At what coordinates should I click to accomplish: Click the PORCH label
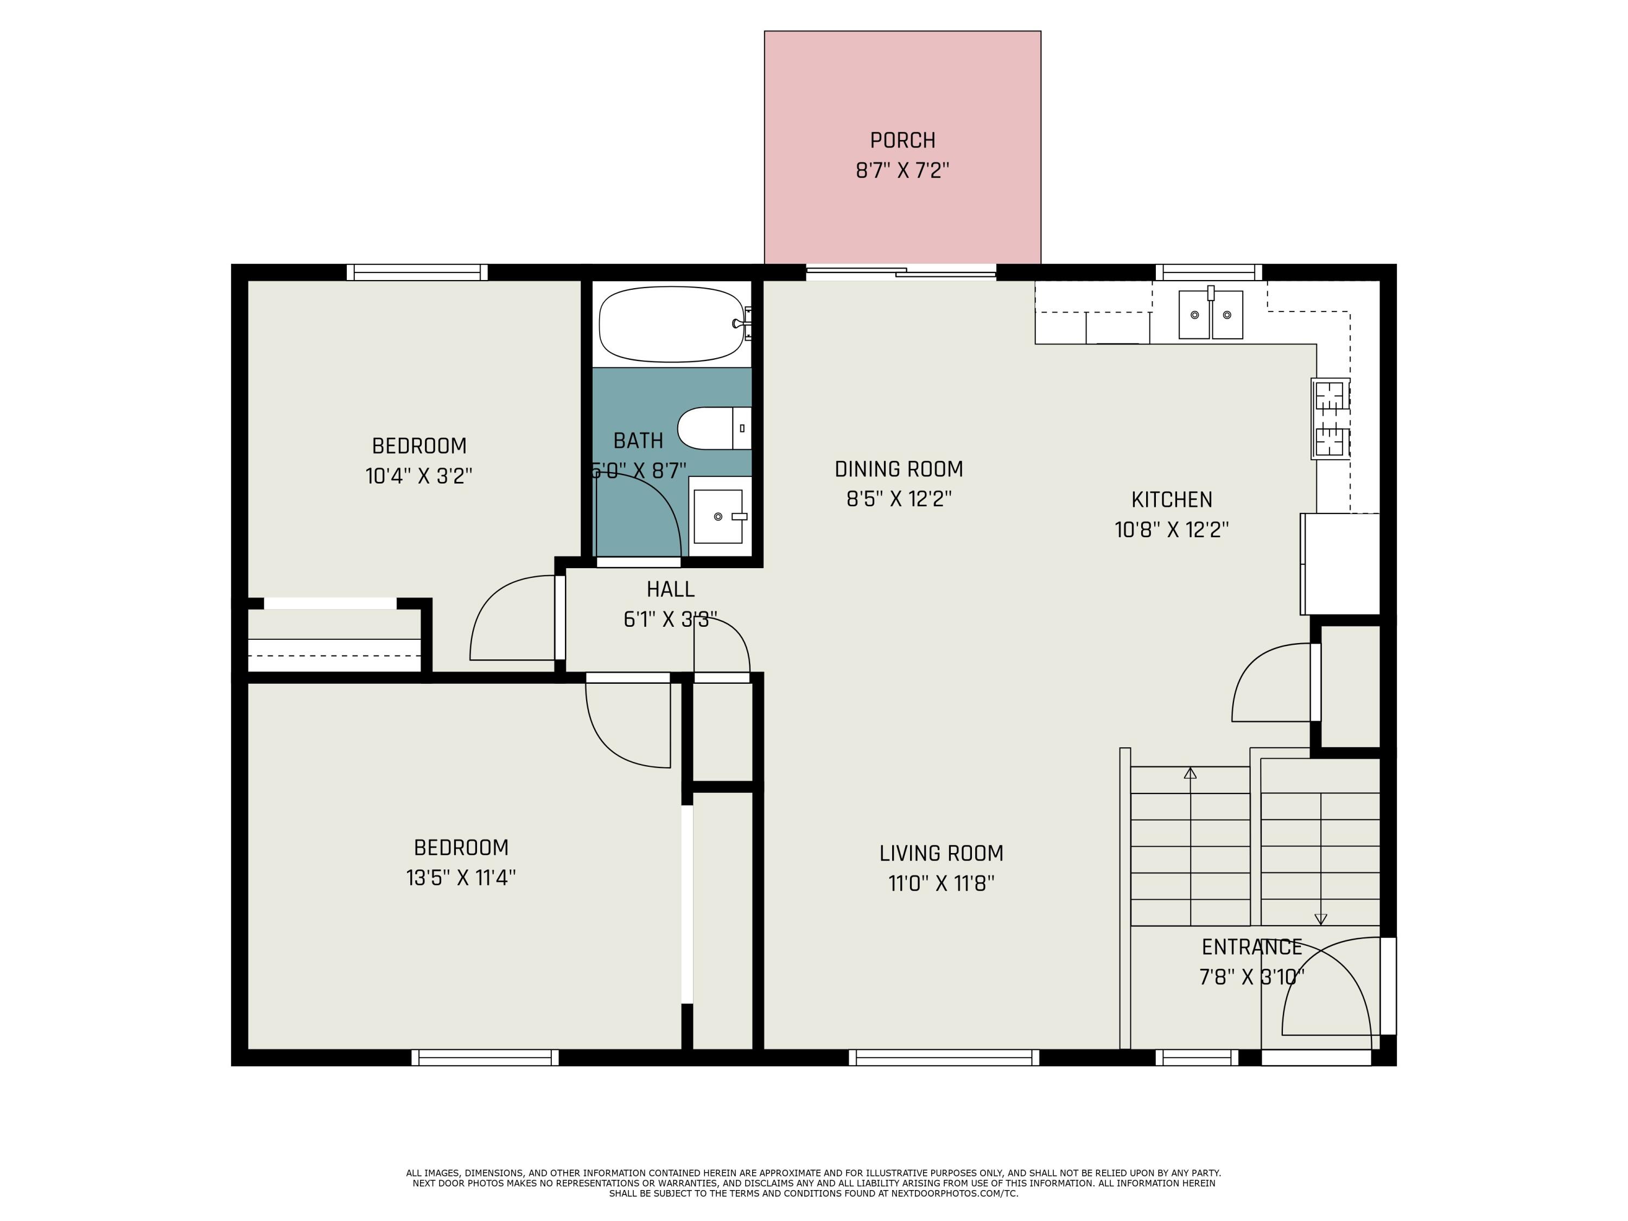point(902,140)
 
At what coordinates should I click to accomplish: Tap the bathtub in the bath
point(671,324)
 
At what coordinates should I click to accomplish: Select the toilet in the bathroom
point(714,428)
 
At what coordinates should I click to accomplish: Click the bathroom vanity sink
point(718,517)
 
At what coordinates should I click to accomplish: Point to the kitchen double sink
point(1211,315)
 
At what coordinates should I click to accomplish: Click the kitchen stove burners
point(1330,419)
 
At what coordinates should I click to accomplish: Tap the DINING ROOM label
point(899,469)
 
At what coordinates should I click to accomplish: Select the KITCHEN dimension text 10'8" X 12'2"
point(1172,530)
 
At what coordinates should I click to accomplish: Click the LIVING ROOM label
point(942,853)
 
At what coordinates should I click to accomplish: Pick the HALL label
point(671,589)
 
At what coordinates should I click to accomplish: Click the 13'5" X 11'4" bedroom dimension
point(461,878)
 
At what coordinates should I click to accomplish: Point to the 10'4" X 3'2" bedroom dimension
point(419,476)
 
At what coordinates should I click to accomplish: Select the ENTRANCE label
point(1252,946)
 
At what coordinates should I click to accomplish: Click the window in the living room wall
point(944,1058)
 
